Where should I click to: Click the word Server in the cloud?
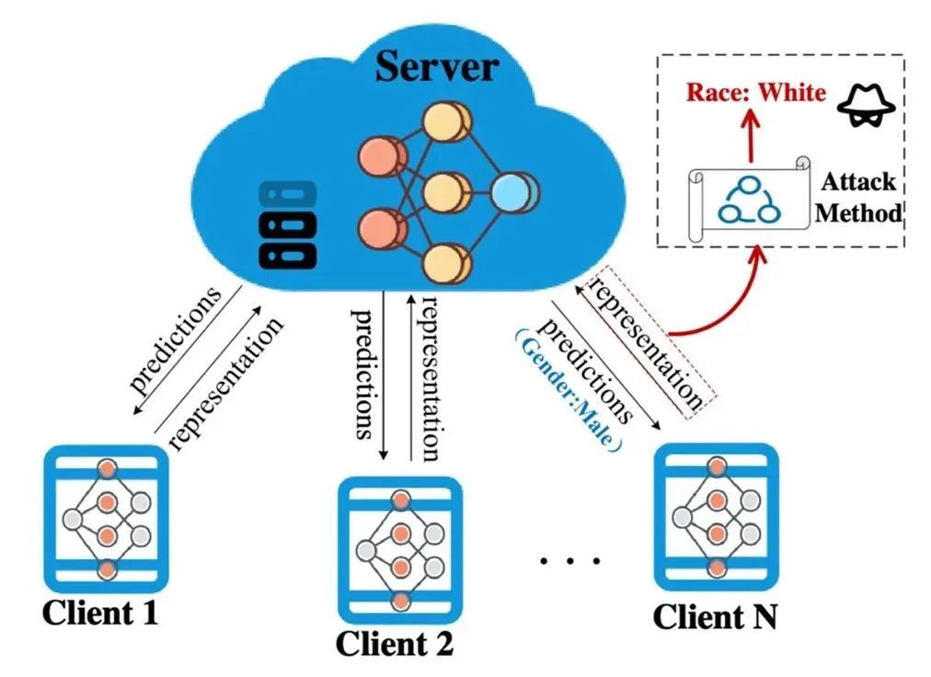click(436, 68)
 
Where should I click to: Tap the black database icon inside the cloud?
click(286, 225)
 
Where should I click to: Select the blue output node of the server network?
click(512, 193)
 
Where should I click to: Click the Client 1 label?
click(99, 612)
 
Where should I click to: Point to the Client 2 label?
click(394, 643)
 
